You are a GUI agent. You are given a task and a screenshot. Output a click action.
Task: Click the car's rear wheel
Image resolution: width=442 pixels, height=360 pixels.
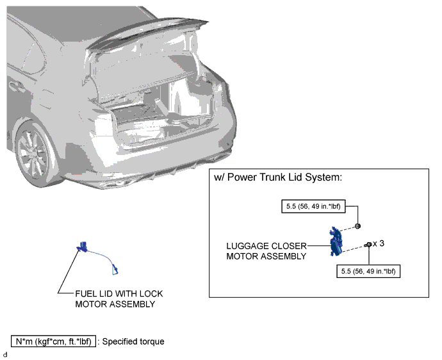35,154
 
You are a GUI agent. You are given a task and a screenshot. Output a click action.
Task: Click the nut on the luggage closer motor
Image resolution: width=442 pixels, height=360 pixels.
357,226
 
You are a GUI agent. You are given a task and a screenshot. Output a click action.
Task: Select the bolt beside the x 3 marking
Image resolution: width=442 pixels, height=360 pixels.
368,245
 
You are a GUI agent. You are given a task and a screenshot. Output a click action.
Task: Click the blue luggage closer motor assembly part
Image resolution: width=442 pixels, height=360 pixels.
336,241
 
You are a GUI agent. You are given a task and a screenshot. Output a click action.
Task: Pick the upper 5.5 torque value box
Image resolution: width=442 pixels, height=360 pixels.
313,206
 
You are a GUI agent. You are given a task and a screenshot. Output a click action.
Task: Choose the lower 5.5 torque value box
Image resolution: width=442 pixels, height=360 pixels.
368,271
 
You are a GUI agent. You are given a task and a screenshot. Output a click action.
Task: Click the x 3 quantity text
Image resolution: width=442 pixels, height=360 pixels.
379,243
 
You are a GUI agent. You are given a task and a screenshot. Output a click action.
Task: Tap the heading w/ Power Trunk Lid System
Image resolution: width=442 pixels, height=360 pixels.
278,177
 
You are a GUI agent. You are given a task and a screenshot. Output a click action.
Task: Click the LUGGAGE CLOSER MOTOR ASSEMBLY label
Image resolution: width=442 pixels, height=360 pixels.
266,251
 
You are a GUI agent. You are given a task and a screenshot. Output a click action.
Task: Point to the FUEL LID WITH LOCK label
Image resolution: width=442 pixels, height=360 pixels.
119,294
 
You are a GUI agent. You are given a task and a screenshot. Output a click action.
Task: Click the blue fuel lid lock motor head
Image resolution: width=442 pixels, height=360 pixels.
82,247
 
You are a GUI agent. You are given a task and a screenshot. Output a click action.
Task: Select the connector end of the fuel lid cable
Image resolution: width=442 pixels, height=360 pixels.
115,270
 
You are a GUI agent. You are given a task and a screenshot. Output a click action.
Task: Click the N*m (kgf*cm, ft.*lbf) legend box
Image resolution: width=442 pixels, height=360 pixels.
53,341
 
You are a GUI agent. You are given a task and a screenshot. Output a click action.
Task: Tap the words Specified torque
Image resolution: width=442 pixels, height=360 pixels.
133,341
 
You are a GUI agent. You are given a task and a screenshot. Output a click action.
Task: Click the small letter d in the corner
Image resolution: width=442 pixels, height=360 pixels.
4,355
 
